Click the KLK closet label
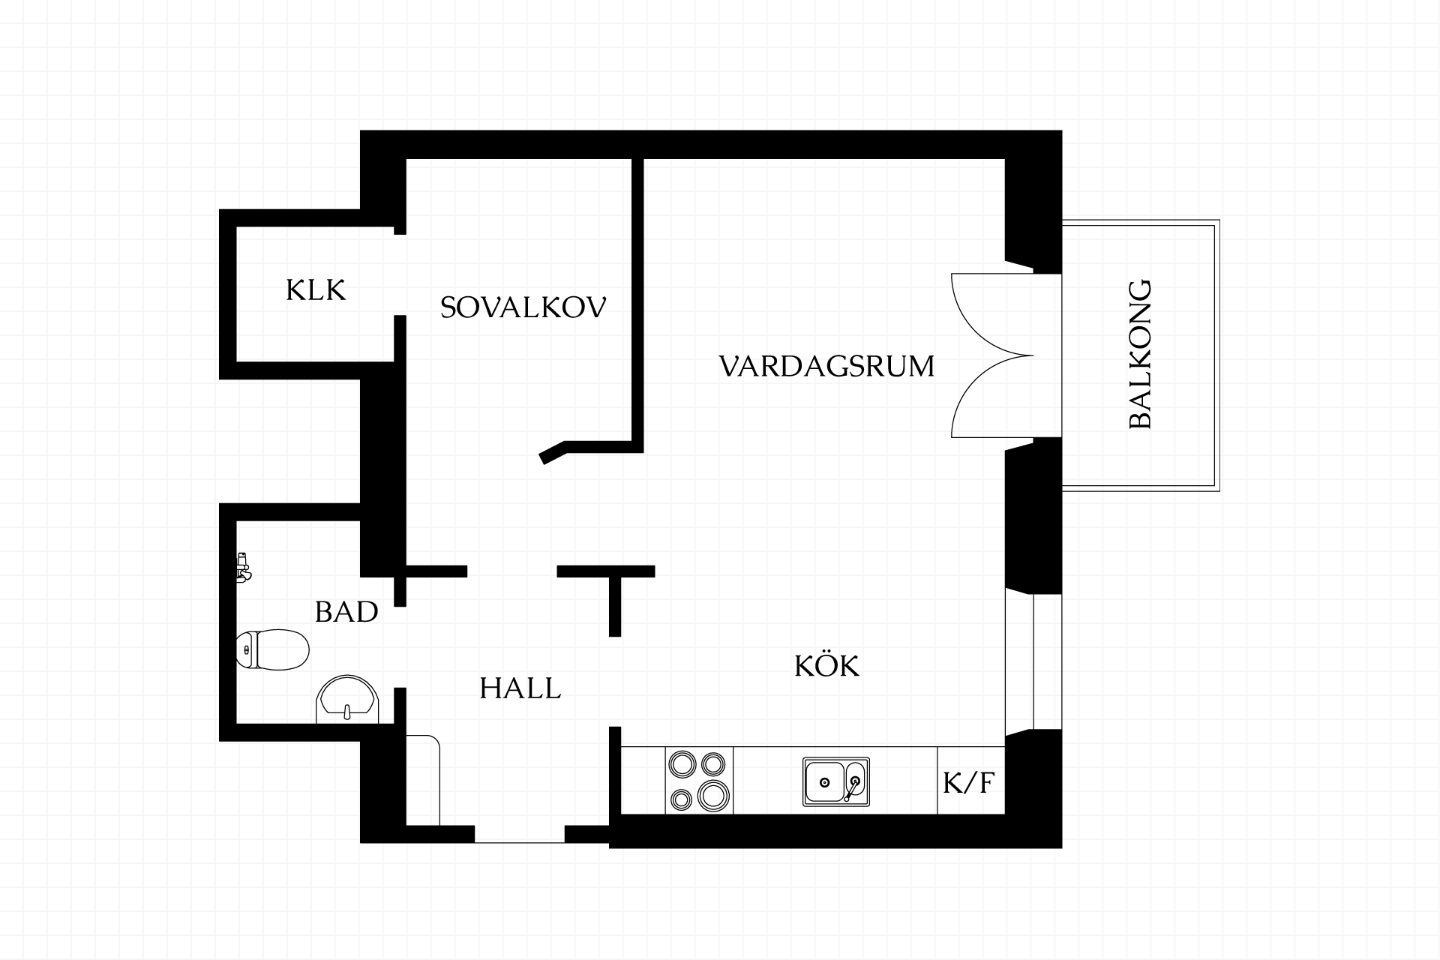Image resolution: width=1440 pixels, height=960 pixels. click(x=316, y=290)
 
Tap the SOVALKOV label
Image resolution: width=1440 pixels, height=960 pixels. click(x=523, y=307)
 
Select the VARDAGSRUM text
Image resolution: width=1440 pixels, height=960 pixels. click(x=826, y=367)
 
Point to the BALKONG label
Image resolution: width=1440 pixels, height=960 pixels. click(x=1140, y=355)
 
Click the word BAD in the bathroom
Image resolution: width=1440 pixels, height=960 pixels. click(x=346, y=612)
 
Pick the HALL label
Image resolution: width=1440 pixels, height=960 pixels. click(x=520, y=688)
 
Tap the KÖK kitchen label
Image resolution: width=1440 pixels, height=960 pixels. click(x=826, y=664)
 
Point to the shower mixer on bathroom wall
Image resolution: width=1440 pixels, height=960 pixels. click(x=242, y=568)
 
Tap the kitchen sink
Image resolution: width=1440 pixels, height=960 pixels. click(x=836, y=781)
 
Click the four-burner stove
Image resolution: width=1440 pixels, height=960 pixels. click(x=699, y=780)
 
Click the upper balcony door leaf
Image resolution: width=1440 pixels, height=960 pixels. click(x=992, y=314)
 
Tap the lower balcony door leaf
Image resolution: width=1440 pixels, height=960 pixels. click(x=992, y=397)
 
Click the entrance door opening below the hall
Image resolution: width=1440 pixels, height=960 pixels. click(x=520, y=834)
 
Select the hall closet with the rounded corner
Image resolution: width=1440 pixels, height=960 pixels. click(x=423, y=780)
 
